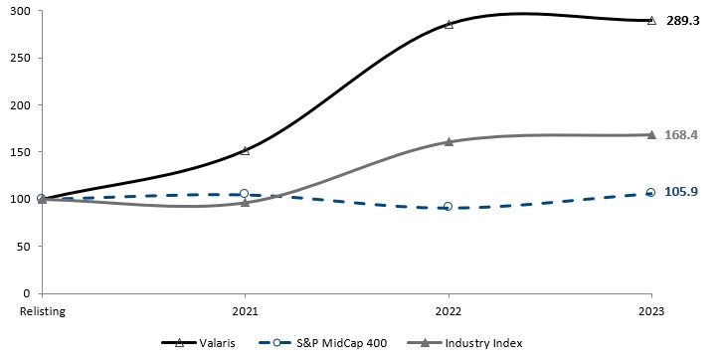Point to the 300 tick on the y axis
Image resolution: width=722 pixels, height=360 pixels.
click(x=20, y=11)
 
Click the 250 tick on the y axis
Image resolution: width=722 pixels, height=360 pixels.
click(x=20, y=58)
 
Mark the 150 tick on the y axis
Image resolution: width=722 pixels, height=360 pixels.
click(x=20, y=152)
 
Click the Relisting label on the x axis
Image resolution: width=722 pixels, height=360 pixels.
click(x=42, y=310)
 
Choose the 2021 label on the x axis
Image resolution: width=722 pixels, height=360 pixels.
click(x=245, y=310)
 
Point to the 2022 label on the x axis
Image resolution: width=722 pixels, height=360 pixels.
click(x=449, y=310)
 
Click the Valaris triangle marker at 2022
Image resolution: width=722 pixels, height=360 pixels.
click(x=449, y=24)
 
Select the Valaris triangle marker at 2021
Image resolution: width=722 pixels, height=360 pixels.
click(x=245, y=150)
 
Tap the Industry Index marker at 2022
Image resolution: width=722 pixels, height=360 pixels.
click(x=449, y=141)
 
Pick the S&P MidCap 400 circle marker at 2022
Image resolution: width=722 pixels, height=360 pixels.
click(x=449, y=207)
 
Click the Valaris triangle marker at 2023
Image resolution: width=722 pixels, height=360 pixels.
click(x=651, y=20)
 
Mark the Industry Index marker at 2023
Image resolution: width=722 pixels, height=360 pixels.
click(x=651, y=134)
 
